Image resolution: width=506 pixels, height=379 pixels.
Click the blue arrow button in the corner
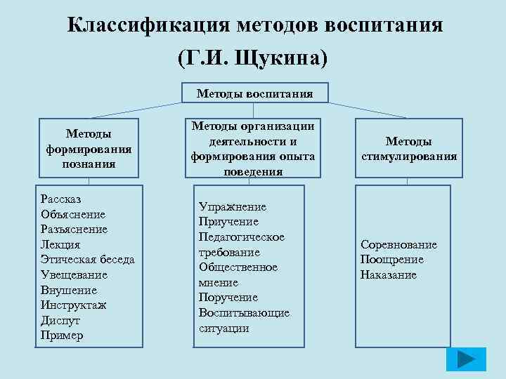tap(466, 359)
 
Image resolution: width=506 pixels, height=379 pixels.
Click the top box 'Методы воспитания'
tap(254, 93)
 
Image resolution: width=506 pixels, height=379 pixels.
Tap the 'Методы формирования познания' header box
tap(89, 148)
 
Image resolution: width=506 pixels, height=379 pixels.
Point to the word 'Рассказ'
tap(62, 199)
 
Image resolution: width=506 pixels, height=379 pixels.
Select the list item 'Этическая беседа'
tap(88, 260)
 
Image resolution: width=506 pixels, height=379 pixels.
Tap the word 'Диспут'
tap(61, 320)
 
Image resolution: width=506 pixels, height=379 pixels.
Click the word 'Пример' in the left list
tap(62, 335)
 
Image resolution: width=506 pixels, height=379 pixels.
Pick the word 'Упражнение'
tap(233, 206)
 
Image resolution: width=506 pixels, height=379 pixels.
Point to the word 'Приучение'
tap(228, 222)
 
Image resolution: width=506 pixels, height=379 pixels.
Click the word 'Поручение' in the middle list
tap(228, 298)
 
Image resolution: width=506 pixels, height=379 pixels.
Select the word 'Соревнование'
tap(398, 244)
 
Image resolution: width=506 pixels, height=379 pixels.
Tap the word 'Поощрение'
tap(392, 260)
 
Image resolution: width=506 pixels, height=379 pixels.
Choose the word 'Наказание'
tap(389, 275)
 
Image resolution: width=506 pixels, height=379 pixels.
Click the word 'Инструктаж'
tap(73, 305)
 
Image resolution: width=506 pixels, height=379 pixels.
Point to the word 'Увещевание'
tap(74, 275)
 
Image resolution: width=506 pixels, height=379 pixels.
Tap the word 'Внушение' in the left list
tap(69, 290)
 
